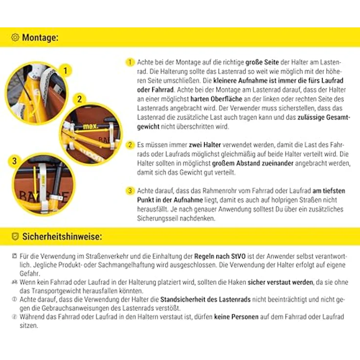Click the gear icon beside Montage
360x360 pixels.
15,37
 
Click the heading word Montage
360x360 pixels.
40,38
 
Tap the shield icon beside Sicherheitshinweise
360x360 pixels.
15,236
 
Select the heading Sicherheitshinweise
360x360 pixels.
62,236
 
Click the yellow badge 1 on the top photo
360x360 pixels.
66,70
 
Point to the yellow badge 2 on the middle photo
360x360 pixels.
79,99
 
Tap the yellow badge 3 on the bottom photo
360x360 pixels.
14,161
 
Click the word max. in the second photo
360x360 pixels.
90,126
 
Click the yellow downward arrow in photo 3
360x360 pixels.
35,183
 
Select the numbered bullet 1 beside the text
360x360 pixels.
130,62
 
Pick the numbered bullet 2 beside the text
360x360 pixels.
130,145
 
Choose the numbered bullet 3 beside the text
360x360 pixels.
130,191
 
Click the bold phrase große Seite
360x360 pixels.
262,62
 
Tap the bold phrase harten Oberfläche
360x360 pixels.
216,99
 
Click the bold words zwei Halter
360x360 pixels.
205,145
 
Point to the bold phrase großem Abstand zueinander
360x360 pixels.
253,163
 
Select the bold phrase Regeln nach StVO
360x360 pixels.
220,256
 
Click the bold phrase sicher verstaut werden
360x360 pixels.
280,282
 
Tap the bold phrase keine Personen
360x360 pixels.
236,317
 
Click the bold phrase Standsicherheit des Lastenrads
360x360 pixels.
205,300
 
